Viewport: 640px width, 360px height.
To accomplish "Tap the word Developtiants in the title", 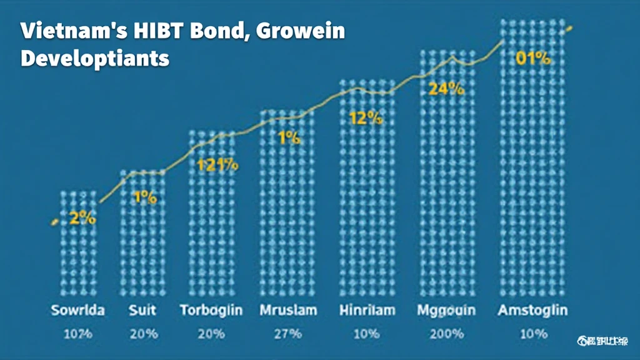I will point(95,58).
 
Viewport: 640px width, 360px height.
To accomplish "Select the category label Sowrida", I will point(79,310).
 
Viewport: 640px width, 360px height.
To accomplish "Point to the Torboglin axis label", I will point(211,310).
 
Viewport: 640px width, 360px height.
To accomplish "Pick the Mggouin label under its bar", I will point(446,310).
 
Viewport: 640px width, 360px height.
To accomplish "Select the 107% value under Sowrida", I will point(79,334).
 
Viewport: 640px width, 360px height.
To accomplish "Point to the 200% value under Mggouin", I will point(446,334).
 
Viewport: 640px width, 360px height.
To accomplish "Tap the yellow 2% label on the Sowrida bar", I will point(82,219).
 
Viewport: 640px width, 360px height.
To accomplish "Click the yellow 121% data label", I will point(217,166).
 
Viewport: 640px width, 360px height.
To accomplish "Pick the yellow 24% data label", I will point(446,89).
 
